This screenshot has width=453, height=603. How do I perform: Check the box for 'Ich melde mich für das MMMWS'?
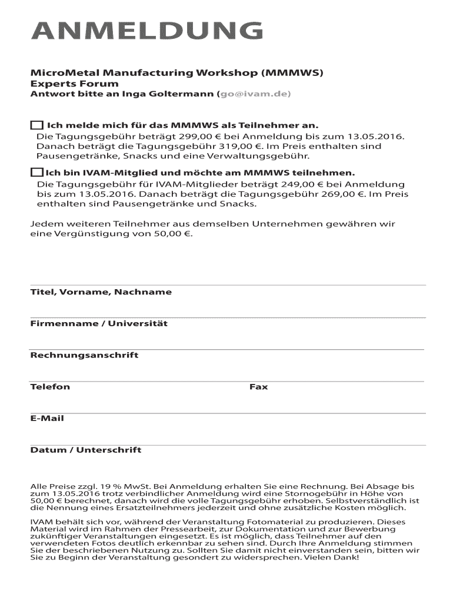(x=36, y=125)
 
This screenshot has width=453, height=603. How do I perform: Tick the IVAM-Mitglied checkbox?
(x=36, y=173)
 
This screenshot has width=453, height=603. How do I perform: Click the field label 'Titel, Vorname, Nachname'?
(x=101, y=292)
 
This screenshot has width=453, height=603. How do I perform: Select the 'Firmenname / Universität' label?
(x=99, y=323)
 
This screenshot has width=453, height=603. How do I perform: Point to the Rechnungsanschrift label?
(x=84, y=355)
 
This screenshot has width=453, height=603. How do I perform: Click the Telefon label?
(x=50, y=387)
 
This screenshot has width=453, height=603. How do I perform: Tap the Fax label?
(x=258, y=387)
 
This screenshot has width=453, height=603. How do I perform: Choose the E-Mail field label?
(x=47, y=419)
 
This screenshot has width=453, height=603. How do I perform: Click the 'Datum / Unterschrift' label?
(x=86, y=450)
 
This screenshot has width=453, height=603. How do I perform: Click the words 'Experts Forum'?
(x=74, y=84)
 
